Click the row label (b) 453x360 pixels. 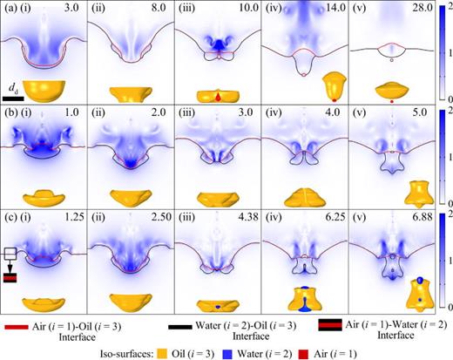coord(10,112)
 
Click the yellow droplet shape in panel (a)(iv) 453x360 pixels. coord(335,85)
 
